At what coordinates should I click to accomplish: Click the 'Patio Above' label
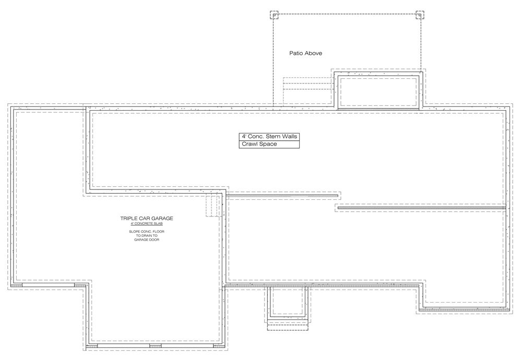click(305, 53)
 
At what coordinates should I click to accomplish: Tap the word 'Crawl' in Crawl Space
click(249, 144)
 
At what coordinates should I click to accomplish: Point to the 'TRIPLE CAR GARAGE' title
click(147, 218)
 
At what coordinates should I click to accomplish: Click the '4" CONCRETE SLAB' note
click(147, 224)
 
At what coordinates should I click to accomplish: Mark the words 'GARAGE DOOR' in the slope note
click(147, 239)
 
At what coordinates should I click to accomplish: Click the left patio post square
click(274, 15)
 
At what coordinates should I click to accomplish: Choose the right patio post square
click(420, 15)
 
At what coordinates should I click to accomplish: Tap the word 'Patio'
click(296, 53)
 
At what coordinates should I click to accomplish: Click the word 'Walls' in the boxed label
click(289, 136)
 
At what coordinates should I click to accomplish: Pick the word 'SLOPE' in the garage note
click(134, 232)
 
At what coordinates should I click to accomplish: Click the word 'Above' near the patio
click(314, 53)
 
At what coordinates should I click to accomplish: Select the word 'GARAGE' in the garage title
click(162, 218)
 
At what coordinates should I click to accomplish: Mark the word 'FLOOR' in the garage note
click(159, 232)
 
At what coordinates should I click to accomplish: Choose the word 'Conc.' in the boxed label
click(256, 136)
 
